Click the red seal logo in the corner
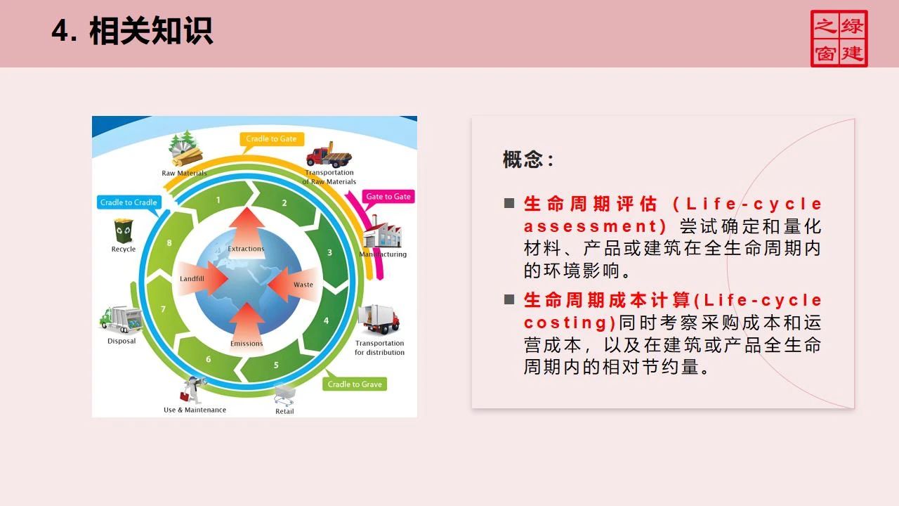click(839, 39)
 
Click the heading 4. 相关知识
click(132, 32)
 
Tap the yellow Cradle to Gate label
click(271, 139)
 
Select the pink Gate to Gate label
click(388, 197)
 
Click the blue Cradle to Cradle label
click(129, 202)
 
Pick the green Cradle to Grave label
click(355, 384)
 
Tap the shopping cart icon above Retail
click(284, 393)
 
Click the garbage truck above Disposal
click(121, 320)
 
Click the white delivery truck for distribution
click(379, 320)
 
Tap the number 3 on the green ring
click(329, 252)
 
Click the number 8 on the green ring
click(169, 243)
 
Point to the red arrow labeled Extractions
click(246, 232)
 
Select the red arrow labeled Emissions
click(247, 327)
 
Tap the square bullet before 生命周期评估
click(509, 204)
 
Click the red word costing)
click(570, 323)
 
